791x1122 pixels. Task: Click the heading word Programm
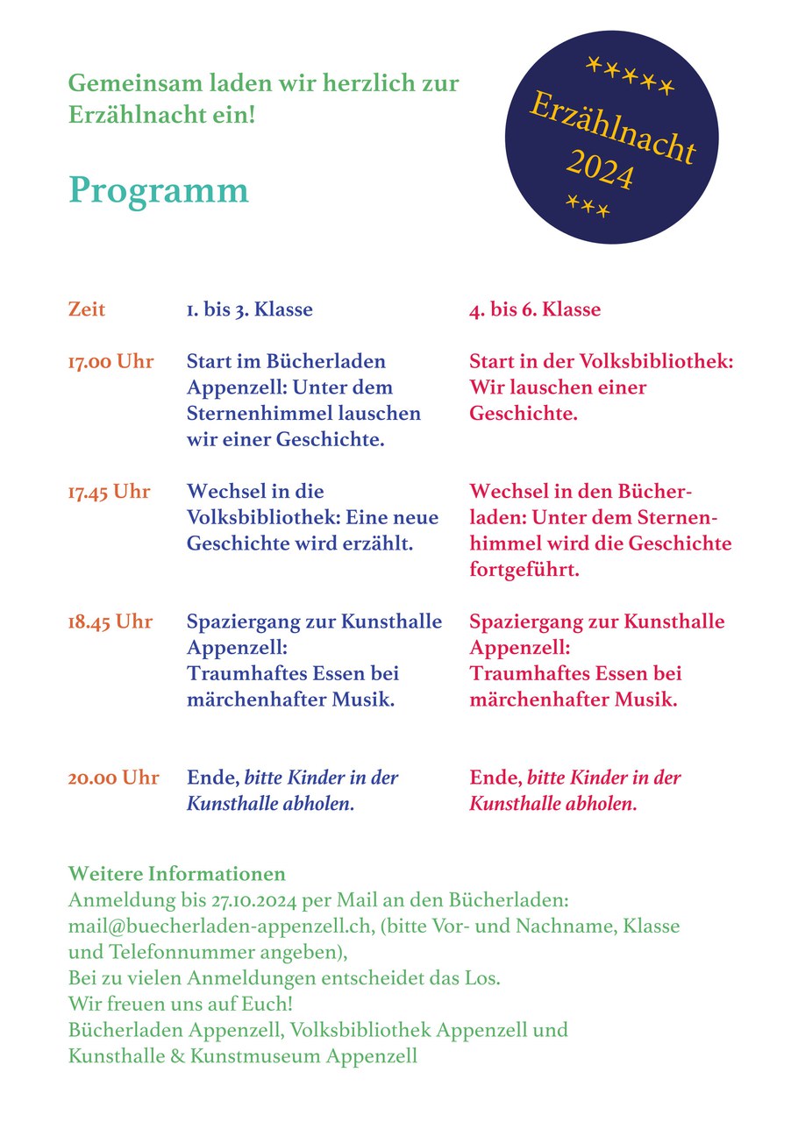tap(159, 190)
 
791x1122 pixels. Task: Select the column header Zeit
tap(86, 309)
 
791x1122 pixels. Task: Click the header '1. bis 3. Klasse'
tap(249, 309)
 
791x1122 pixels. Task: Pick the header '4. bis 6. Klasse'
tap(535, 309)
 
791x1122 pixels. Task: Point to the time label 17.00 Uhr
tap(110, 361)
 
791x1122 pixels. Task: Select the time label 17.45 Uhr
tap(109, 492)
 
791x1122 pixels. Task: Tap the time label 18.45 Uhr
tap(110, 622)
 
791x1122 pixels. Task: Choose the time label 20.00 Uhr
tap(114, 778)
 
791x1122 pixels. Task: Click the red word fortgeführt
tap(524, 570)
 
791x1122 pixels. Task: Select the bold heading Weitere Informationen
tap(177, 874)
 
